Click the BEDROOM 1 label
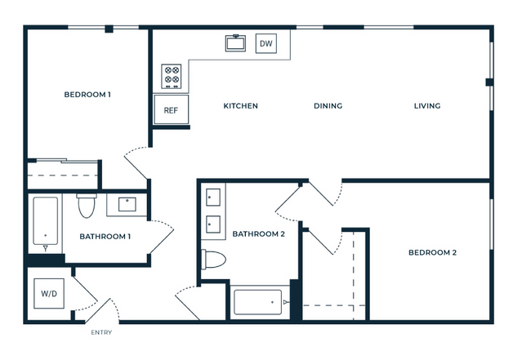[x=87, y=95]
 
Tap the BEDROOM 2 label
[x=432, y=252]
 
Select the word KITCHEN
[x=240, y=106]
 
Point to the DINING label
[x=328, y=106]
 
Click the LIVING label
[x=427, y=106]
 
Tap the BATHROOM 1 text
[x=105, y=237]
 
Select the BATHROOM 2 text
[x=258, y=234]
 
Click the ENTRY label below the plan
[x=101, y=332]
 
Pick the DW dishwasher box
[x=266, y=43]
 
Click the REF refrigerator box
[x=171, y=109]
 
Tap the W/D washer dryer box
[x=49, y=293]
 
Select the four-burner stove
[x=172, y=77]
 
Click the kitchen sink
[x=236, y=43]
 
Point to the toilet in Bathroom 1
[x=87, y=206]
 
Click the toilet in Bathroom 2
[x=213, y=260]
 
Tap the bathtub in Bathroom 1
[x=45, y=221]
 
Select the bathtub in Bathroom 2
[x=258, y=302]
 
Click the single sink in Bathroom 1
[x=127, y=204]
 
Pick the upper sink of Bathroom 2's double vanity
[x=213, y=198]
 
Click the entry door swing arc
[x=115, y=309]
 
